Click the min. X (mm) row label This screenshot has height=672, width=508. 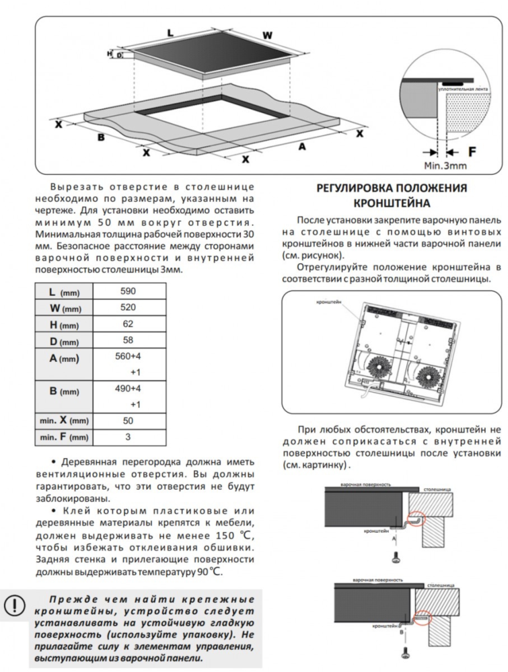pos(63,420)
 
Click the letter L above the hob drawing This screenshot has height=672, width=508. pos(170,32)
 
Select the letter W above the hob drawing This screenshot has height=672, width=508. pos(267,35)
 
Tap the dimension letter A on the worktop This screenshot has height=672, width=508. pos(302,145)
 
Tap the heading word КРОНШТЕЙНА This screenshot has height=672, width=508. pos(392,203)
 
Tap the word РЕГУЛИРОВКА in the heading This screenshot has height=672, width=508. pos(356,188)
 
